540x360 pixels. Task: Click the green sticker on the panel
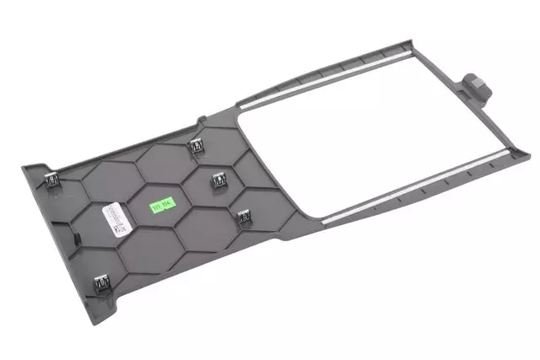pyautogui.click(x=157, y=205)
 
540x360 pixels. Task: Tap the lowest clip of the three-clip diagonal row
pyautogui.click(x=244, y=217)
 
